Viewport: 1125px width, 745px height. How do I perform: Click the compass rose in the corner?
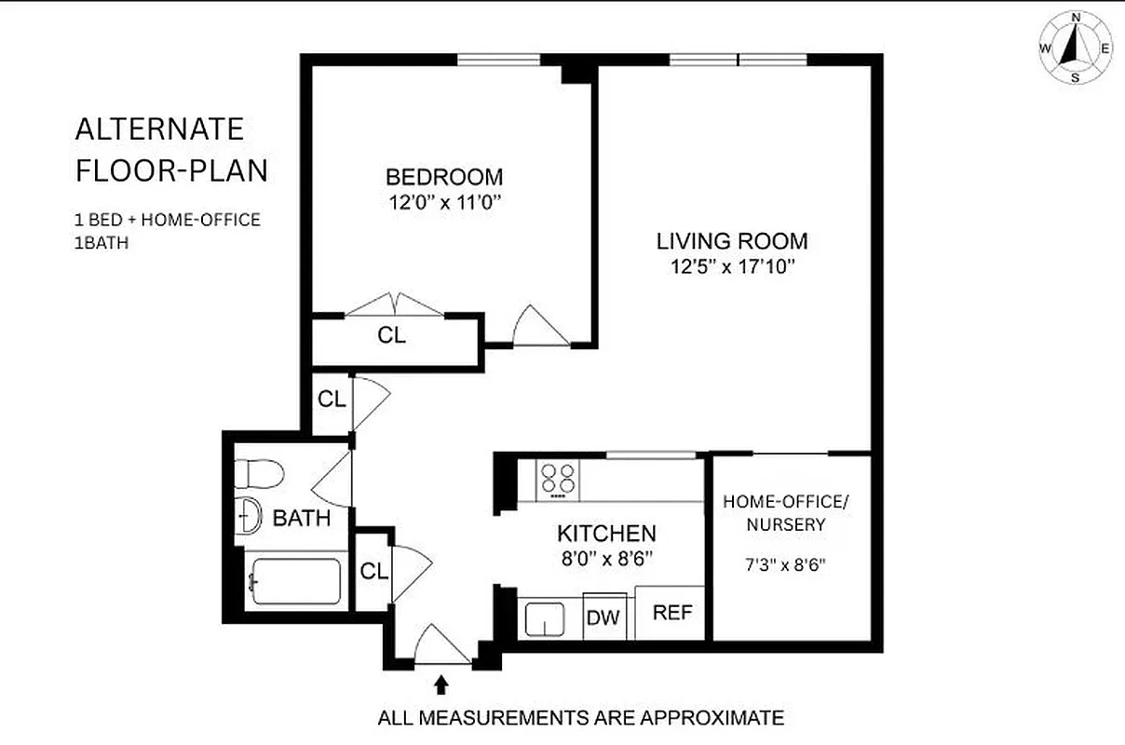1075,48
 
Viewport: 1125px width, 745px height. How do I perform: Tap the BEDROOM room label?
444,177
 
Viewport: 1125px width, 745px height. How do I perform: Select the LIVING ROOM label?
732,241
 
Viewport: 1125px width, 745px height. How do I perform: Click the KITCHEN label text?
606,534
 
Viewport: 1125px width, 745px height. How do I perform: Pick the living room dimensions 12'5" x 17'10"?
732,267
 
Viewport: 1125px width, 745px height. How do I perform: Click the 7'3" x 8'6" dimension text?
788,563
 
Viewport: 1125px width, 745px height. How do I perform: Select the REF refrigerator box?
671,613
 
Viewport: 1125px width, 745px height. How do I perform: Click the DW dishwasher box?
603,616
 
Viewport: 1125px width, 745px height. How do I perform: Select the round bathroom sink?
249,515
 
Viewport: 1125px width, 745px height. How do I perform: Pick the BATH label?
301,518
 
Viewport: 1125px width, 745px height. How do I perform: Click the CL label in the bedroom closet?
392,336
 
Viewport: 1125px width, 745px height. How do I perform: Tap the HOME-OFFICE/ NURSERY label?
787,513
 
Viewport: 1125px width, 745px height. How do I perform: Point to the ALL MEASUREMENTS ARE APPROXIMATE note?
580,718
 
